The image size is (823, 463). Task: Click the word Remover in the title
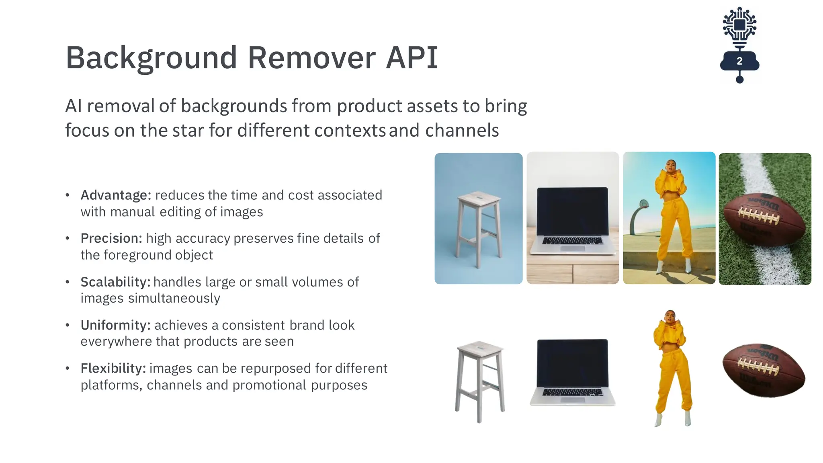pyautogui.click(x=312, y=58)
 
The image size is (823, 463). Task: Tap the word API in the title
pyautogui.click(x=411, y=58)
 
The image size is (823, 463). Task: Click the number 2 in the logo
pyautogui.click(x=739, y=61)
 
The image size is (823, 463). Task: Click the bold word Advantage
pyautogui.click(x=116, y=195)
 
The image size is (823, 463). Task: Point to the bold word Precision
pyautogui.click(x=111, y=238)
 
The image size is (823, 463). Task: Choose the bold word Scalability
pyautogui.click(x=115, y=282)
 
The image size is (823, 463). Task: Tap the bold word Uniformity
pyautogui.click(x=115, y=325)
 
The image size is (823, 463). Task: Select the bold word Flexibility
pyautogui.click(x=113, y=368)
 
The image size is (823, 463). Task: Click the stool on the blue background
pyautogui.click(x=479, y=227)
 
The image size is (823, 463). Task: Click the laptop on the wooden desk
pyautogui.click(x=573, y=221)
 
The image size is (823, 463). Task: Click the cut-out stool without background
pyautogui.click(x=479, y=378)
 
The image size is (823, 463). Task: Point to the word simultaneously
pyautogui.click(x=174, y=298)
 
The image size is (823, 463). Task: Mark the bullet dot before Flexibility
pyautogui.click(x=68, y=368)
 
